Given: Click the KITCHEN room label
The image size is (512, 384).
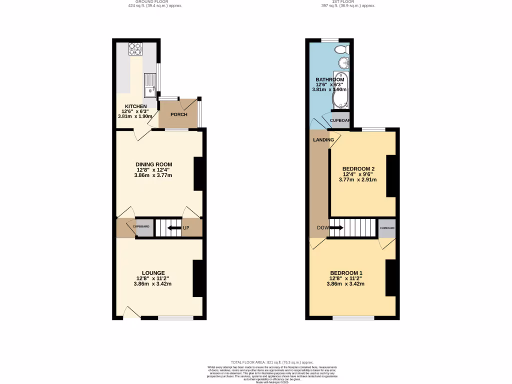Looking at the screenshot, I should tap(135, 106).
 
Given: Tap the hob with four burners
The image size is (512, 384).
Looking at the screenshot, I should tap(135, 49).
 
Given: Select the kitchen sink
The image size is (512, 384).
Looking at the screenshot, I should tap(149, 85).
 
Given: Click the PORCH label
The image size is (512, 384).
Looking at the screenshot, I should tap(179, 114).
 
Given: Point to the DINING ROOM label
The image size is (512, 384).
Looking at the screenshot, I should tap(153, 164).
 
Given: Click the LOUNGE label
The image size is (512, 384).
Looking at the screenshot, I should tap(153, 273).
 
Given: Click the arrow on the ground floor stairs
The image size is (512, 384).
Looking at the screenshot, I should tap(174, 228).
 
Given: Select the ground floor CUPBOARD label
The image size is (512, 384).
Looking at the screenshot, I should tap(141, 226).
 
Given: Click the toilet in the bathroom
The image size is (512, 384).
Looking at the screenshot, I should tap(341, 49).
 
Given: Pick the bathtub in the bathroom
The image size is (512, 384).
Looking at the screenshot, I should tap(340, 90).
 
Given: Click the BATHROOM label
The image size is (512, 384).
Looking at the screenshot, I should tap(329, 80).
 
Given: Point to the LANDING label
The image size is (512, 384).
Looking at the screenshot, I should tap(323, 140).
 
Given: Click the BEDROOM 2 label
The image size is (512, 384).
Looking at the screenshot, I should tap(358, 168).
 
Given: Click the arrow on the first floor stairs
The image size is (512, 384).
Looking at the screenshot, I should tap(336, 228).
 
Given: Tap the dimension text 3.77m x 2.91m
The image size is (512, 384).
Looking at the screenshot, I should tap(357, 180).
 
